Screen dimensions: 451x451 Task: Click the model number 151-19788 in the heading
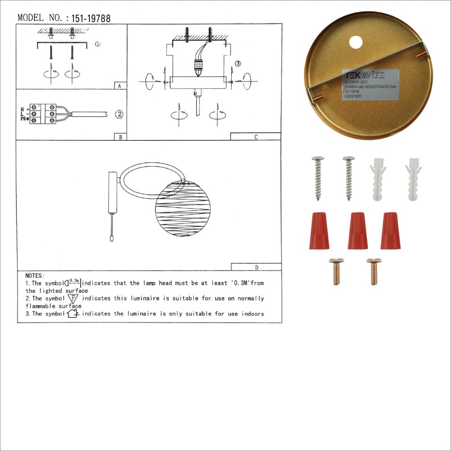click(x=91, y=18)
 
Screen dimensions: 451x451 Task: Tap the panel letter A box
click(x=119, y=86)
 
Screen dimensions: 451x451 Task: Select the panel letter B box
click(x=120, y=137)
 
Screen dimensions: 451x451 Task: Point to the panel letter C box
click(x=255, y=137)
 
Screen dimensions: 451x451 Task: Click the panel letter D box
click(x=256, y=267)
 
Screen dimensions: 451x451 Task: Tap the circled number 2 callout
click(x=119, y=114)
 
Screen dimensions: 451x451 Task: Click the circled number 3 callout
click(x=238, y=63)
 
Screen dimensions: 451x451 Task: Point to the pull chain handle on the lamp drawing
click(x=111, y=238)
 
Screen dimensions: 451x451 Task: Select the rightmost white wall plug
click(x=414, y=179)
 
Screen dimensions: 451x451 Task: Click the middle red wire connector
click(x=357, y=231)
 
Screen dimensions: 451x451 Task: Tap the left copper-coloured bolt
click(x=336, y=271)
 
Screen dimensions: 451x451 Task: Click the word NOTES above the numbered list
click(x=35, y=275)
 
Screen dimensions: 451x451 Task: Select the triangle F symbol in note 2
click(x=73, y=299)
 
